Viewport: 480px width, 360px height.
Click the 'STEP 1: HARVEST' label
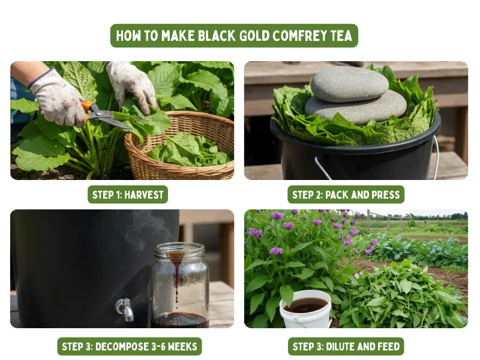tap(128, 194)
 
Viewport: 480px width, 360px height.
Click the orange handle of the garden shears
tap(88, 107)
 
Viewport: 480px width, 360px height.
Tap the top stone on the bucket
tap(349, 83)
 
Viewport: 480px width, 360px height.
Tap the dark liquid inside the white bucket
tap(305, 305)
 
